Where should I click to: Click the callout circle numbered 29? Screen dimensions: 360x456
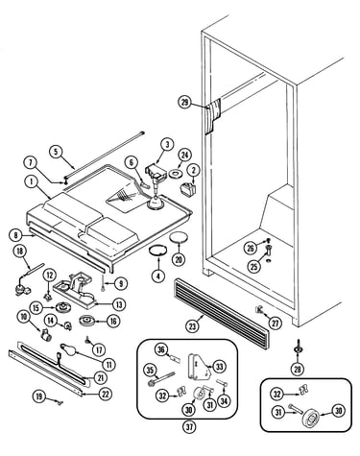click(x=185, y=103)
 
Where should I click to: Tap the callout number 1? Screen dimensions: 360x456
click(x=32, y=182)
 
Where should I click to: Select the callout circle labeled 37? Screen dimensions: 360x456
click(x=189, y=426)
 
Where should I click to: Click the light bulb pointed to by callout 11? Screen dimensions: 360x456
click(x=69, y=349)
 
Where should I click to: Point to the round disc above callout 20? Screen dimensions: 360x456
click(x=179, y=238)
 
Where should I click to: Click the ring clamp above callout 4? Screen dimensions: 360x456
click(x=158, y=250)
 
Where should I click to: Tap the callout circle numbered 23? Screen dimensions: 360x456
click(x=192, y=326)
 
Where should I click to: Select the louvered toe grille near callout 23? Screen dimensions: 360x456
click(x=222, y=314)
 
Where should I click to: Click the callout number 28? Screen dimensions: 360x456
click(x=298, y=369)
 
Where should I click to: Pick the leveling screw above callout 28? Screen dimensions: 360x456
click(x=298, y=348)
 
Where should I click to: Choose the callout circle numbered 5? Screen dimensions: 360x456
click(x=57, y=152)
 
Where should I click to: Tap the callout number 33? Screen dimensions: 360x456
click(x=219, y=367)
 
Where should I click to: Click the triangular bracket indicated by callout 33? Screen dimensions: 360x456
click(x=199, y=368)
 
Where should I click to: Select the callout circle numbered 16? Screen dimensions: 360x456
click(x=113, y=321)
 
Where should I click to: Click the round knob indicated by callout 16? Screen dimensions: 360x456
click(x=86, y=321)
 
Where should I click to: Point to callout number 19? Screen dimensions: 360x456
click(x=39, y=396)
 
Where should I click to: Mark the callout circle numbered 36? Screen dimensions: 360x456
click(x=161, y=349)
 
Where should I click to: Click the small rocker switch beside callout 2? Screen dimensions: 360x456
click(x=189, y=187)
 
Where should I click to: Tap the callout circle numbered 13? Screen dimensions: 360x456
click(x=119, y=304)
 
